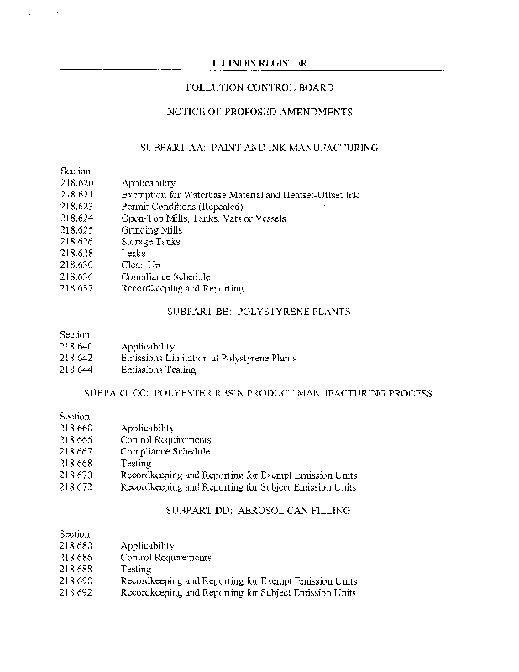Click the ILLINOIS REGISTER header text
pos(258,63)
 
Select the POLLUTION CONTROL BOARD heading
pos(259,87)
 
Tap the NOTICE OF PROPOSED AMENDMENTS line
pos(259,112)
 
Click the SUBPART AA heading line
pos(259,147)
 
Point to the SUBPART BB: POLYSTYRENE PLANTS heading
pos(259,311)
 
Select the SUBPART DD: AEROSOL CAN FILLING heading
pos(259,510)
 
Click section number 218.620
pos(77,182)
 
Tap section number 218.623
pos(77,206)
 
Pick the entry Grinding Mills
pos(151,229)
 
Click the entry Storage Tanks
pos(150,241)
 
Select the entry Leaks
pos(133,253)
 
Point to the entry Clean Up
pos(140,265)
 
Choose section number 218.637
pos(77,288)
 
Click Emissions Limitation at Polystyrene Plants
pos(208,358)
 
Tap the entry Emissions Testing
pos(158,370)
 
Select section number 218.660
pos(77,428)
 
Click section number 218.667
pos(77,451)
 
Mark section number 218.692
pos(77,592)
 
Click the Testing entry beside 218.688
pos(136,569)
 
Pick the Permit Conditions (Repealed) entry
pos(181,206)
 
